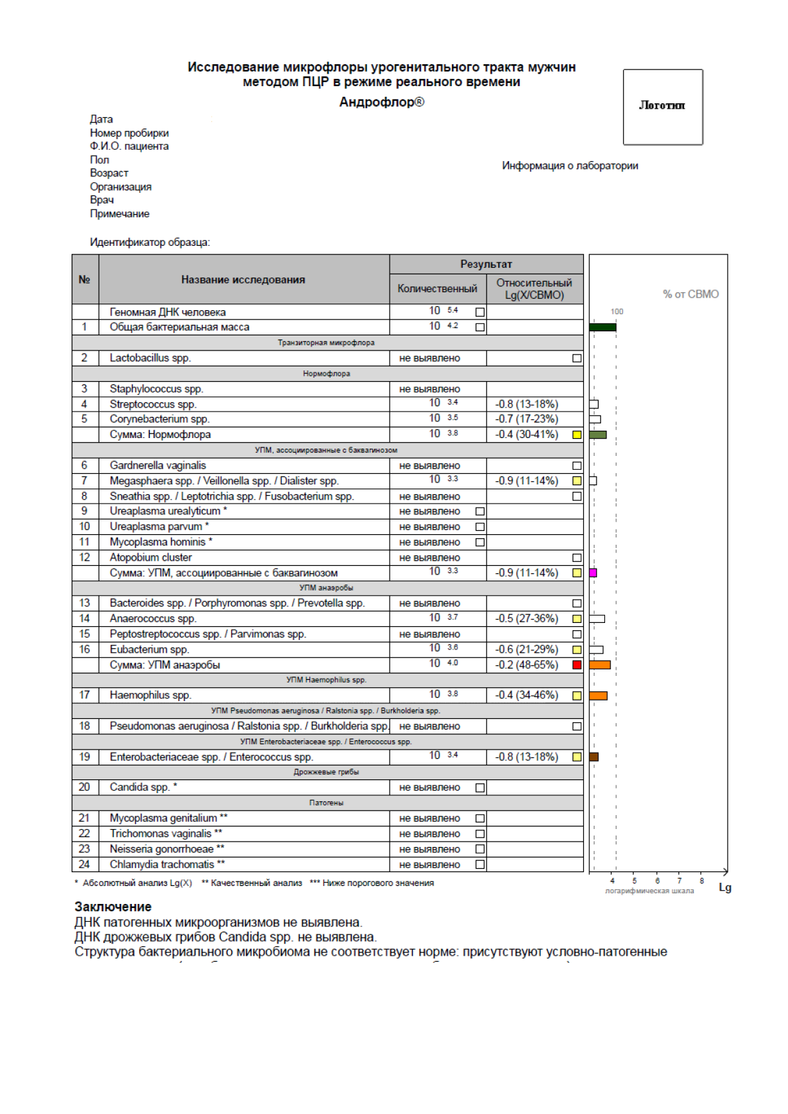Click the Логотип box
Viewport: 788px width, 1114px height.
click(662, 107)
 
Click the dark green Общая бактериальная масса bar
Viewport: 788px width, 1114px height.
click(602, 327)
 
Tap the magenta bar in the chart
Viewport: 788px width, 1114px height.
click(593, 573)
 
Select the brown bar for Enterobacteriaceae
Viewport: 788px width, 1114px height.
click(594, 757)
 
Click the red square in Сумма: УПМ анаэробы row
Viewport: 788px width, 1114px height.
click(577, 665)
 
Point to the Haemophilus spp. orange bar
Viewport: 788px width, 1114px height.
click(598, 696)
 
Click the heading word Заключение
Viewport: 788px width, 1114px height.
click(113, 907)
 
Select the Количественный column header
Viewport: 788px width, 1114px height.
click(437, 288)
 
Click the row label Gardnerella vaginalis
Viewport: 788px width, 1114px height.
click(158, 465)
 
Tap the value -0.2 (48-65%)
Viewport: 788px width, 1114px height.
click(526, 665)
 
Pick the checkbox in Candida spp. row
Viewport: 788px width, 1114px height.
click(480, 788)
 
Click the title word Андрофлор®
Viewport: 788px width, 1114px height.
click(382, 102)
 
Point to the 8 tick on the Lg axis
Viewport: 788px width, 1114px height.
click(702, 881)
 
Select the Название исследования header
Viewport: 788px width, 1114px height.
click(243, 280)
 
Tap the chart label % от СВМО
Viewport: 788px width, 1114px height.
click(691, 294)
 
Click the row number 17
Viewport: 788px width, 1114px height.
click(84, 695)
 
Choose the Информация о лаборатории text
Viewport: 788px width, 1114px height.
click(569, 166)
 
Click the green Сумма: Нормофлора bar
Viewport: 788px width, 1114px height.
click(598, 435)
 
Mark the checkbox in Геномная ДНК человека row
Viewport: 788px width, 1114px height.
click(480, 312)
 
